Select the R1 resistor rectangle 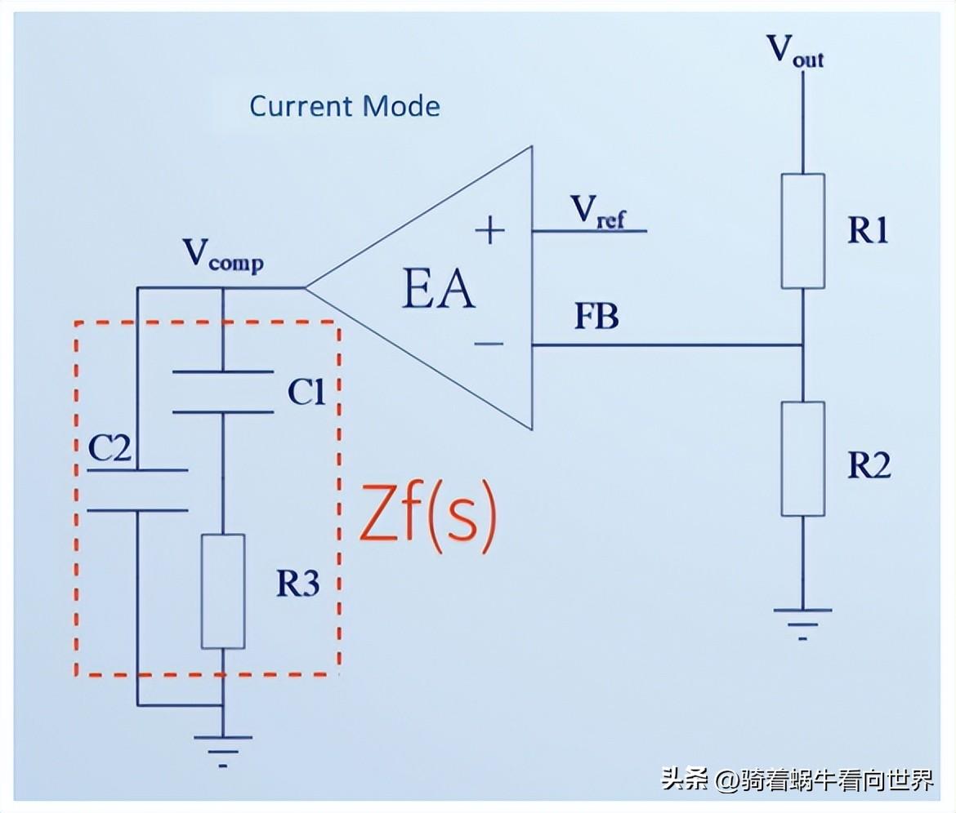(802, 230)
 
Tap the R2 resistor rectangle (802, 458)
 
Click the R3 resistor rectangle (223, 591)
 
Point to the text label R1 (867, 232)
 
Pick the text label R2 (868, 464)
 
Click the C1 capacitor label (307, 394)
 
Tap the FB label (596, 317)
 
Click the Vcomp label (222, 255)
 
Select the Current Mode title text (344, 106)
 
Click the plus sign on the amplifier (490, 232)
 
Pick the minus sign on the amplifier (489, 344)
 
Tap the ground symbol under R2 (802, 620)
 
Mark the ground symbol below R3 (223, 748)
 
